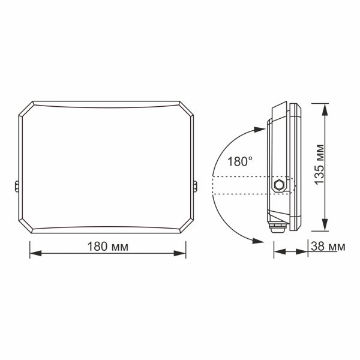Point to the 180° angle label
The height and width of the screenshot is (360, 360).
point(240,161)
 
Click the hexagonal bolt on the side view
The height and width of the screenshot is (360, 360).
point(278,185)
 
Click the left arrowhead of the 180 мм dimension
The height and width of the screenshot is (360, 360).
point(34,254)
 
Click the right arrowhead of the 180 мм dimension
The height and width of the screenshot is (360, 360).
point(182,254)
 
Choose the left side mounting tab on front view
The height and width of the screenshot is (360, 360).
point(16,187)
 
